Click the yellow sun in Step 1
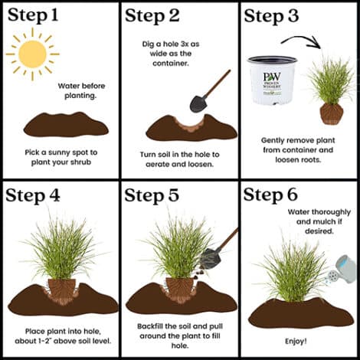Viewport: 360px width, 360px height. (x=33, y=54)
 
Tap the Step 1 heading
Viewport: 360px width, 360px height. (x=33, y=15)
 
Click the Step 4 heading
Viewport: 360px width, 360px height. (x=33, y=196)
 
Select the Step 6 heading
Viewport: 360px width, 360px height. (x=270, y=195)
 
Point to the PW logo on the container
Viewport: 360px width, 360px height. (x=272, y=77)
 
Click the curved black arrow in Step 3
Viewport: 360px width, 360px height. (x=301, y=41)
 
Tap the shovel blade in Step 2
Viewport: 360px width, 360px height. (x=198, y=103)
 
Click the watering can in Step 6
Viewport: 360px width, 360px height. (x=342, y=270)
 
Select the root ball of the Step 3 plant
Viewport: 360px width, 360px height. (x=332, y=114)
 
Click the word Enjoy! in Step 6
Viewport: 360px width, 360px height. (x=296, y=341)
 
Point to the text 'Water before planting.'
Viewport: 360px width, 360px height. (x=81, y=90)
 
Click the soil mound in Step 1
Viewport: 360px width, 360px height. (x=66, y=125)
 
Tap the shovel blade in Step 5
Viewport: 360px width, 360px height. (x=210, y=259)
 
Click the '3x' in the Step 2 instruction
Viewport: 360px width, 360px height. (x=184, y=44)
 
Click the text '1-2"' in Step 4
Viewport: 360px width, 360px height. (x=43, y=341)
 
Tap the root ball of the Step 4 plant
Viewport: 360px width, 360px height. (x=61, y=290)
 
